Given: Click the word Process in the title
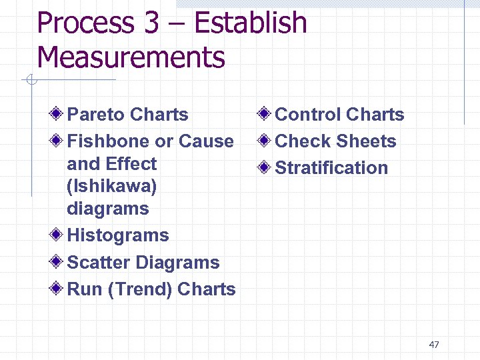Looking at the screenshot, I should [x=85, y=23].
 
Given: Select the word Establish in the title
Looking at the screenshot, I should [x=250, y=23].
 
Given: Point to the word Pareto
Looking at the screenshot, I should [x=96, y=115].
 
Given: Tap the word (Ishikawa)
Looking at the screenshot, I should [x=112, y=186].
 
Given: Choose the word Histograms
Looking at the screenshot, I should [x=118, y=235].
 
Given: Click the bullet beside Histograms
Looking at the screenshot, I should [x=58, y=235].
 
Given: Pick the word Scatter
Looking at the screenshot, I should [x=95, y=263].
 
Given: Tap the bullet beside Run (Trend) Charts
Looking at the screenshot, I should [x=58, y=289].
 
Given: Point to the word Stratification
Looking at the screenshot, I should [x=331, y=168].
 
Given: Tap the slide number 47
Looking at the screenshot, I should [x=434, y=345].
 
